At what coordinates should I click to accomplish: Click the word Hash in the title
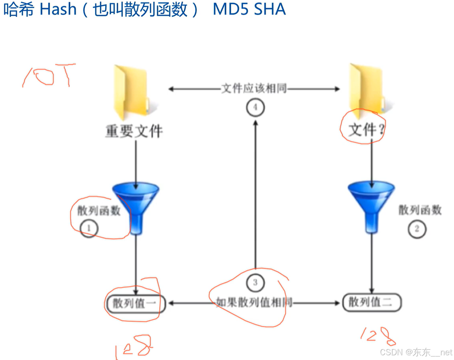(x=58, y=9)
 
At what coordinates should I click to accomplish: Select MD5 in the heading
(x=230, y=9)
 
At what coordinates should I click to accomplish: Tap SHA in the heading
(x=270, y=9)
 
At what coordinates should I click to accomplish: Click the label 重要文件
(x=134, y=131)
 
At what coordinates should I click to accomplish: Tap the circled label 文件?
(x=362, y=128)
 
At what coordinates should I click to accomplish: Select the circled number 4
(x=255, y=108)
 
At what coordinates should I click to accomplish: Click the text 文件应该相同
(x=254, y=89)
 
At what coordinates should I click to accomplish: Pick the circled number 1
(x=89, y=228)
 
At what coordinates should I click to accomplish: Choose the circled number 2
(x=417, y=228)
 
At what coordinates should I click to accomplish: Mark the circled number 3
(x=255, y=282)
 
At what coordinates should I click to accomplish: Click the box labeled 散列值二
(x=371, y=302)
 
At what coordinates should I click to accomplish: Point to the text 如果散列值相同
(x=254, y=302)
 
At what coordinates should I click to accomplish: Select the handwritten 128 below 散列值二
(x=378, y=336)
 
